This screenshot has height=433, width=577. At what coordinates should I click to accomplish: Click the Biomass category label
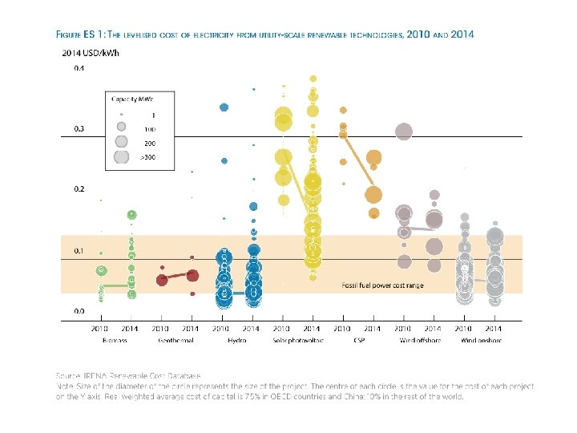115,340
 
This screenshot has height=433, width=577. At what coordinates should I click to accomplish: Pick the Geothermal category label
176,340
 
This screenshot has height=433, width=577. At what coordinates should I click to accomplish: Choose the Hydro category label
236,340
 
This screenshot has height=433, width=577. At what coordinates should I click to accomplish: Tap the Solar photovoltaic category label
297,340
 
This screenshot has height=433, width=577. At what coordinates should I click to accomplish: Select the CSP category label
357,340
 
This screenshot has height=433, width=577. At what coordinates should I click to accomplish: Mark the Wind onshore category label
479,340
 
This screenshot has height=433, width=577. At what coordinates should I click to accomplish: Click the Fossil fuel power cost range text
382,285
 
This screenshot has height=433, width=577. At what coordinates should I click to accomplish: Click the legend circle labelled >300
121,157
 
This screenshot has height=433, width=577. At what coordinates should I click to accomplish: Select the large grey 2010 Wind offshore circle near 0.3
404,132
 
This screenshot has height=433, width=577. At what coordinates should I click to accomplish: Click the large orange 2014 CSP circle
373,195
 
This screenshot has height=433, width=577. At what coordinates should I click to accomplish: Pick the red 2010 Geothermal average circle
162,280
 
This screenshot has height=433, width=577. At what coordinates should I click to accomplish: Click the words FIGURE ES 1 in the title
78,35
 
